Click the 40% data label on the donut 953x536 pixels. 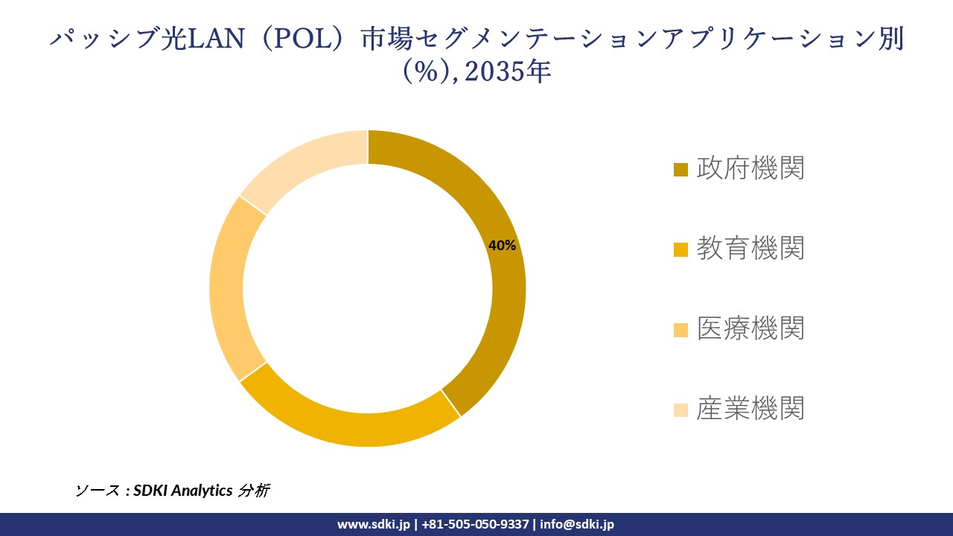pyautogui.click(x=502, y=246)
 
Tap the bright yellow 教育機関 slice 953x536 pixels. pyautogui.click(x=350, y=424)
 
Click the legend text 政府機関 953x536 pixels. pyautogui.click(x=750, y=168)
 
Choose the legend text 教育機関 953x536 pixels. pyautogui.click(x=750, y=248)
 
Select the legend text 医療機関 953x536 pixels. pyautogui.click(x=750, y=328)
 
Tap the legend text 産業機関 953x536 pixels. pyautogui.click(x=750, y=408)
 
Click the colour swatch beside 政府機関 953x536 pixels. pyautogui.click(x=681, y=170)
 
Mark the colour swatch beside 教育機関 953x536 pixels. pyautogui.click(x=681, y=249)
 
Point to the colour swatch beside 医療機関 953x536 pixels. pyautogui.click(x=681, y=329)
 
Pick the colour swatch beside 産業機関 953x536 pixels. pyautogui.click(x=681, y=409)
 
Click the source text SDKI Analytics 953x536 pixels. pyautogui.click(x=182, y=491)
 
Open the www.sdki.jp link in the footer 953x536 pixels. pyautogui.click(x=374, y=524)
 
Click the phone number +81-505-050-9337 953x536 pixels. pyautogui.click(x=475, y=524)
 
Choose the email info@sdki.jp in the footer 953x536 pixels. pyautogui.click(x=577, y=524)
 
